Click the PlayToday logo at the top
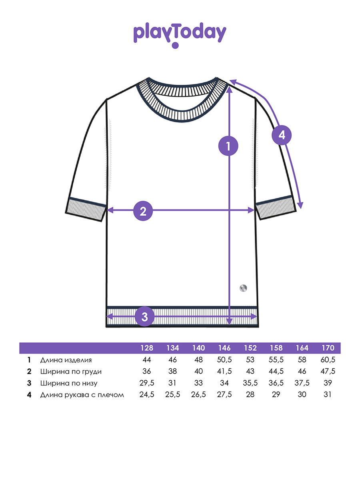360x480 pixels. click(180, 35)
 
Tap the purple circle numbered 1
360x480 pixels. click(228, 146)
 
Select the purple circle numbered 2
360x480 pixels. click(143, 211)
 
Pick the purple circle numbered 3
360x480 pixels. click(144, 316)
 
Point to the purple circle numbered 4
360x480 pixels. click(282, 135)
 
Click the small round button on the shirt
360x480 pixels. click(243, 288)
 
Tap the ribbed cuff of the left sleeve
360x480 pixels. click(86, 209)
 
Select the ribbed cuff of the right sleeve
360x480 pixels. click(276, 207)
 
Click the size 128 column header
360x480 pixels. click(147, 348)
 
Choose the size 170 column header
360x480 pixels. click(328, 348)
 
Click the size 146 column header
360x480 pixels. click(224, 348)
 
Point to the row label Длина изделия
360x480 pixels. click(66, 360)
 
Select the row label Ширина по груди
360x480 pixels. click(71, 372)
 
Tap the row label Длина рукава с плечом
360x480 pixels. click(82, 395)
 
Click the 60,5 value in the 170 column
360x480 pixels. click(328, 360)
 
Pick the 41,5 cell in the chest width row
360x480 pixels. click(224, 371)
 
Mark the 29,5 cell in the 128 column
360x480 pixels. click(147, 383)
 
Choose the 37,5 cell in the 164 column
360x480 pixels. click(302, 383)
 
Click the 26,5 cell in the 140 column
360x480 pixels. click(198, 394)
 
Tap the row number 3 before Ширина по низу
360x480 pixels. click(29, 383)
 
